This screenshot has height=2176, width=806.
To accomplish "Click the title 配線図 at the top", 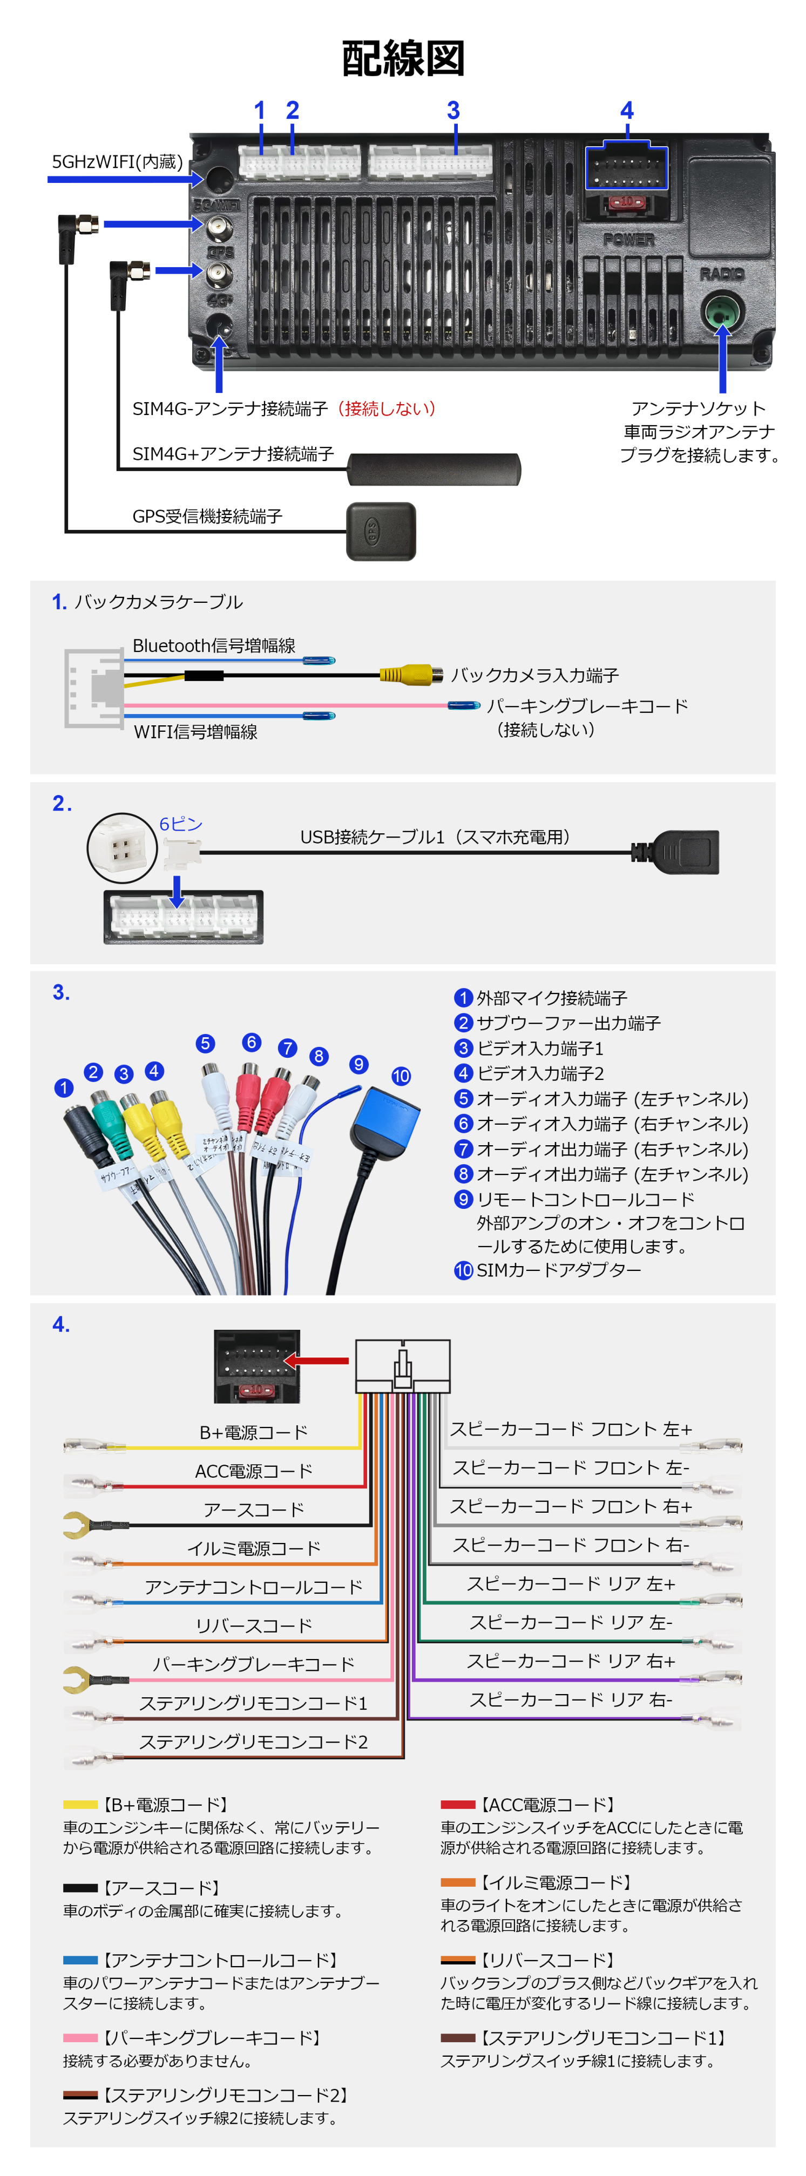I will coord(403,58).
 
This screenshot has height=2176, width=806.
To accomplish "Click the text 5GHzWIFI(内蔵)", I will coord(118,161).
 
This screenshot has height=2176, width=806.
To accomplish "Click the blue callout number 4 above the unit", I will coord(626,111).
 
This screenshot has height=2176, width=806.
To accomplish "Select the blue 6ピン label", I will coord(181,824).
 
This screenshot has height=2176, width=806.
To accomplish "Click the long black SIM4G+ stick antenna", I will coord(434,469).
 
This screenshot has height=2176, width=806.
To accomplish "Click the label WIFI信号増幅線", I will coord(195,731).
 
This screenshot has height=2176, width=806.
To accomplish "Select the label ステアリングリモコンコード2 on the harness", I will coord(253,1741).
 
